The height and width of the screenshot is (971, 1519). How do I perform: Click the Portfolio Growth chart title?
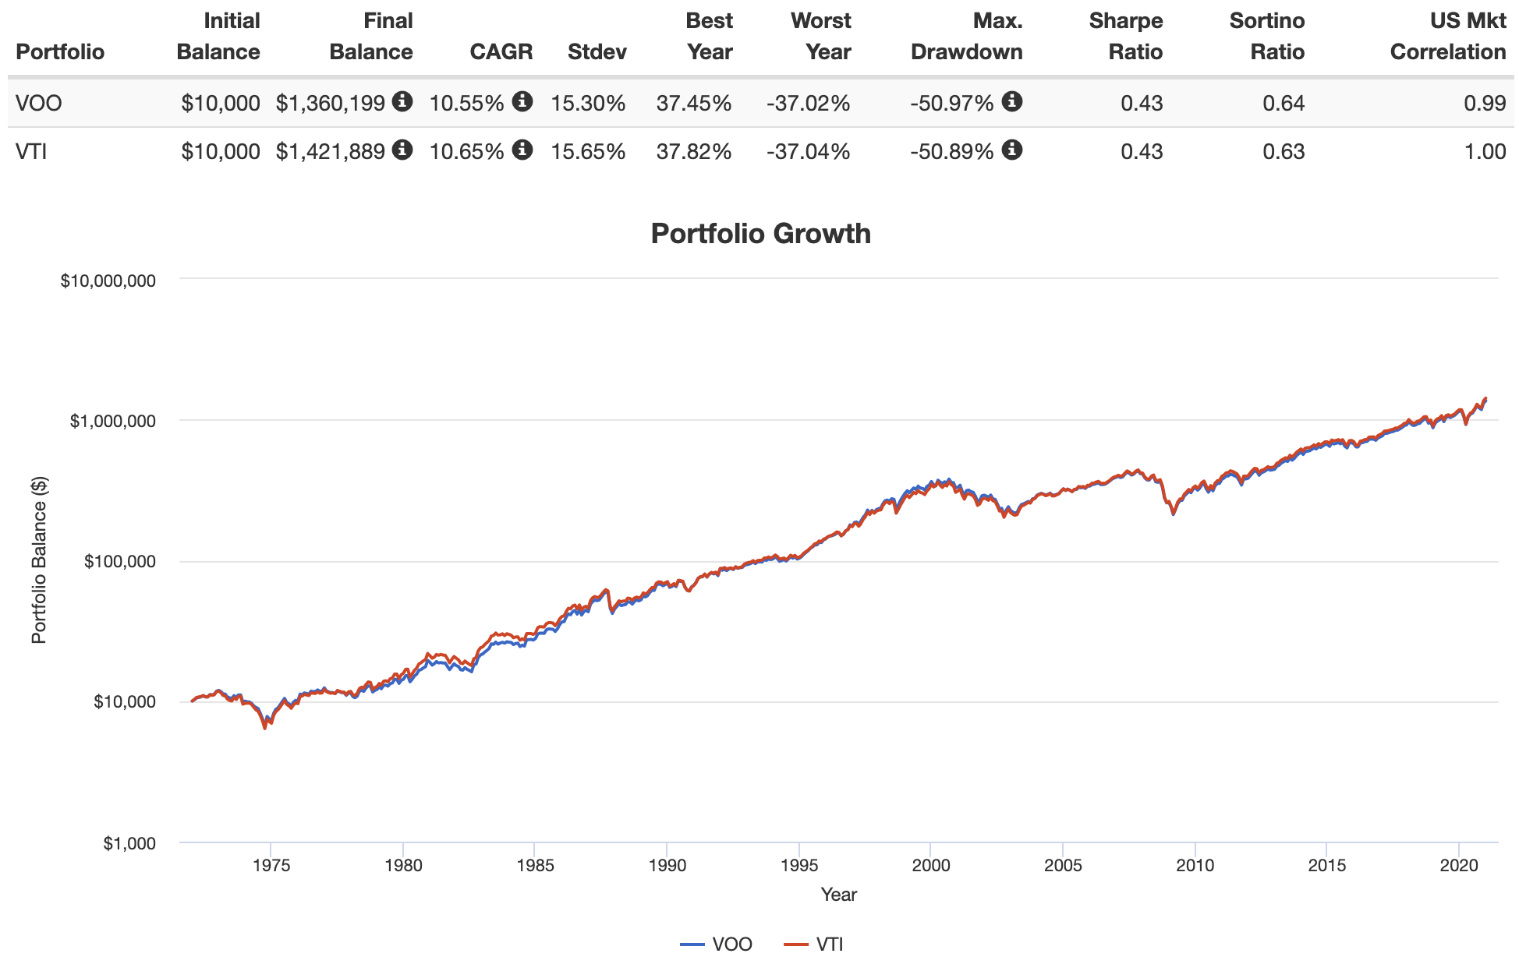(760, 234)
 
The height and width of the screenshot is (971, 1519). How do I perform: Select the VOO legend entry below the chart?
(717, 945)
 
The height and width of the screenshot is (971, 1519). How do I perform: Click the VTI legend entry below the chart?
(815, 945)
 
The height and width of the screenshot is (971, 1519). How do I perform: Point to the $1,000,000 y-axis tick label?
(112, 421)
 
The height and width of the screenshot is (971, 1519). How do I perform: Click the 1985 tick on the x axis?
(535, 865)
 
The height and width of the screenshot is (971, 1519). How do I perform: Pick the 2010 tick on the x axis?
(1195, 865)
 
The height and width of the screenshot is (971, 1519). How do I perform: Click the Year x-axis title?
(838, 895)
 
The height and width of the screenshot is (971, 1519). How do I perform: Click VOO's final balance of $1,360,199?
(331, 103)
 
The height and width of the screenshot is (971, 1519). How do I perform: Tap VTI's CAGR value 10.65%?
(466, 151)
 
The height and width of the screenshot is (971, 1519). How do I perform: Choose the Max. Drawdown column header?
(967, 37)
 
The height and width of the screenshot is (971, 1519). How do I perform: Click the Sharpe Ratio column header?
(1125, 37)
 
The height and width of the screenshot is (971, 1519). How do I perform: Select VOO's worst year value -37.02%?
(808, 103)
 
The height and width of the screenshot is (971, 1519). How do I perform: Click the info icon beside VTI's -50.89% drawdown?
(1012, 149)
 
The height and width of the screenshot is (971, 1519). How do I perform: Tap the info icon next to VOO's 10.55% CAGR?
(522, 101)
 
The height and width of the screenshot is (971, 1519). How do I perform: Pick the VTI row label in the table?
(31, 151)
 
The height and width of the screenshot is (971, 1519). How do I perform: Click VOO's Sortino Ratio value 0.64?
(1284, 103)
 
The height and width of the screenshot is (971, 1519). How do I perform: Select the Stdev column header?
(597, 52)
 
